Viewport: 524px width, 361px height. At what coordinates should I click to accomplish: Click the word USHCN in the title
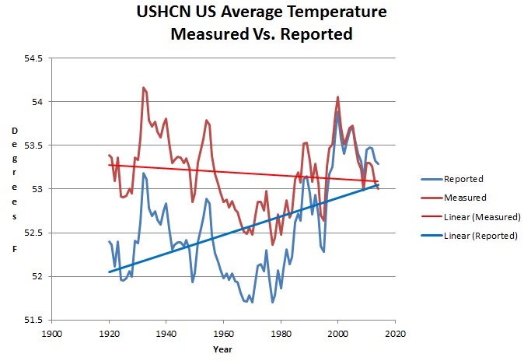(x=168, y=13)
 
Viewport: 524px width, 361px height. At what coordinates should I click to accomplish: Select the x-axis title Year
(x=222, y=349)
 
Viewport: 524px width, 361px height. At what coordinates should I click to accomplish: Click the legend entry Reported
(x=463, y=179)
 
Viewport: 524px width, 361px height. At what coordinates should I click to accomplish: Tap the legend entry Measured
(x=464, y=198)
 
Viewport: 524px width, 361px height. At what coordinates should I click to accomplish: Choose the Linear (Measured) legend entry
(x=480, y=216)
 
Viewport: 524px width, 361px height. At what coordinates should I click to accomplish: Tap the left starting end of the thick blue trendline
(x=110, y=272)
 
